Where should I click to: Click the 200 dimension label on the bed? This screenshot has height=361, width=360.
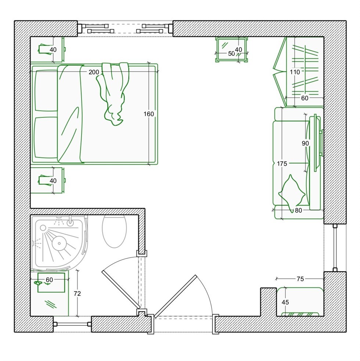(x=94, y=72)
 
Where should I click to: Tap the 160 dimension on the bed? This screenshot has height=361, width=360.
(x=149, y=114)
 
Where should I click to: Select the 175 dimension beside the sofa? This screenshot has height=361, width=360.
(x=282, y=164)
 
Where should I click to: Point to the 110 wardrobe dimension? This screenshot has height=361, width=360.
(x=295, y=72)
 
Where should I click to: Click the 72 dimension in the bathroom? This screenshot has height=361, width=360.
(x=78, y=293)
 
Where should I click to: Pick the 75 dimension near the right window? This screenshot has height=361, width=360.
(x=300, y=279)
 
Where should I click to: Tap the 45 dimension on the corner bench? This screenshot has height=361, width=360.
(x=285, y=302)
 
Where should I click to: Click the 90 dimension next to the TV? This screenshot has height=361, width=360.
(x=305, y=143)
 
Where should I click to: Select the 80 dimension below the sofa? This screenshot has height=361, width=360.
(x=298, y=211)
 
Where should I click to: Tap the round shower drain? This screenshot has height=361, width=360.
(x=60, y=243)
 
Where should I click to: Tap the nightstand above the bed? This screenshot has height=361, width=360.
(x=47, y=49)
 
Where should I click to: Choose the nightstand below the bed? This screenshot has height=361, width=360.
(x=47, y=180)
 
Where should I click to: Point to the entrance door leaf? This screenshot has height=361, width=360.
(x=176, y=296)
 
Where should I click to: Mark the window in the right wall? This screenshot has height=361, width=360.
(x=335, y=248)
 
